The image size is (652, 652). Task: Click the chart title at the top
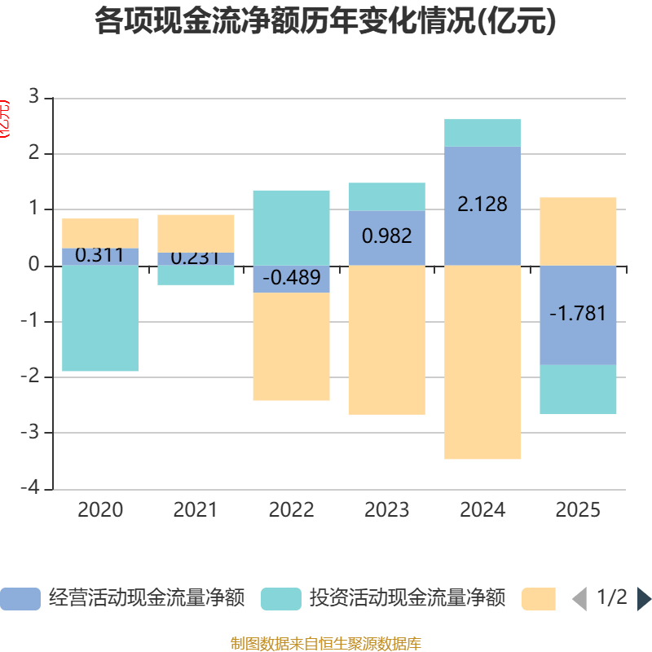(326, 21)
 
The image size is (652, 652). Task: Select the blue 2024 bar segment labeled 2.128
(482, 205)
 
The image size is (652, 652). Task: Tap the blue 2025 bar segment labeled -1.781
(578, 315)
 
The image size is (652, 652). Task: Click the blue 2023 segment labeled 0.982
(387, 237)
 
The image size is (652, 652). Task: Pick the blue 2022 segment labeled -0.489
(291, 279)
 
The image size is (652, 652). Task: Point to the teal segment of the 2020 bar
(100, 319)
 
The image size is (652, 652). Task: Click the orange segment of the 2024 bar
(482, 363)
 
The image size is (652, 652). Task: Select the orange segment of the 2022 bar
(291, 346)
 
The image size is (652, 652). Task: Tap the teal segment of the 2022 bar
(291, 227)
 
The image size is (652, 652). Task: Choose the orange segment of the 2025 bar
(578, 231)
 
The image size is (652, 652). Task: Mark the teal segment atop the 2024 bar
(482, 133)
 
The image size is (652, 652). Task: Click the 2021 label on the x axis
(196, 510)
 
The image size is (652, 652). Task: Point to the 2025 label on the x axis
(578, 510)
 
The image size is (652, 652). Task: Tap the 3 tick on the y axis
(33, 98)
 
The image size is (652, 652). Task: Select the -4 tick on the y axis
(30, 489)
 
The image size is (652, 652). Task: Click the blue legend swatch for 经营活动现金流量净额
(20, 599)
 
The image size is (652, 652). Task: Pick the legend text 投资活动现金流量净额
(407, 599)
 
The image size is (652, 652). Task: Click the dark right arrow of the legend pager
(644, 599)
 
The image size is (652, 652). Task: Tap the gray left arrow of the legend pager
(579, 599)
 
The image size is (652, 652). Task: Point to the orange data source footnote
(326, 644)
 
